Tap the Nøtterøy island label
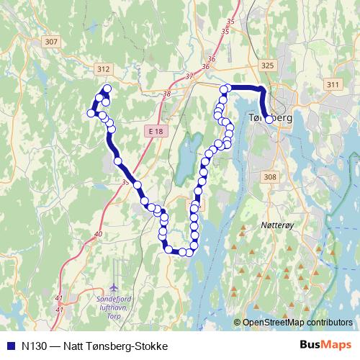(x=272, y=225)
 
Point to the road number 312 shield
(x=103, y=69)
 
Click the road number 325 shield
(x=269, y=66)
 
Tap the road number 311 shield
(x=332, y=85)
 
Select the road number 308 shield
(x=270, y=176)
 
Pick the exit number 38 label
(x=167, y=94)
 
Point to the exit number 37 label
(x=189, y=76)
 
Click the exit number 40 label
(x=98, y=234)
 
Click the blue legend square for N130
(x=10, y=345)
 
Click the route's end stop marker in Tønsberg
(x=269, y=120)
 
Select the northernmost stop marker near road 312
(x=107, y=89)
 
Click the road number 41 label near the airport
(x=58, y=299)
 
